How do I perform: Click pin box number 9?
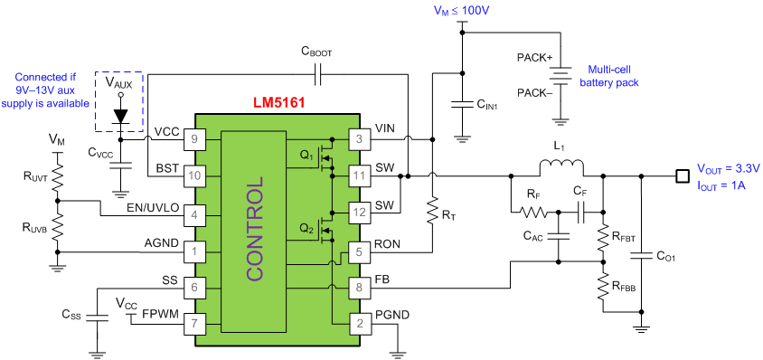[x=193, y=139]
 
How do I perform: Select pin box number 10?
[x=193, y=175]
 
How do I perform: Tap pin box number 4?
[x=193, y=215]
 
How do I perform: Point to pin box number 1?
[x=193, y=251]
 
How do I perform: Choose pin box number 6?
[x=193, y=288]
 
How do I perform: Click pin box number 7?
[x=193, y=323]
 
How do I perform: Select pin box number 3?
[x=359, y=139]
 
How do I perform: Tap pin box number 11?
[x=359, y=175]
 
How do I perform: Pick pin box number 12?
[x=359, y=213]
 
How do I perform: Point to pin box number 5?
[x=359, y=252]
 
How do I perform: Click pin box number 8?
[x=359, y=289]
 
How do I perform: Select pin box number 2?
[x=359, y=323]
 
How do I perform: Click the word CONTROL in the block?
[x=255, y=229]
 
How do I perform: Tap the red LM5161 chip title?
[x=278, y=103]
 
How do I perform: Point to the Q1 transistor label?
[x=306, y=156]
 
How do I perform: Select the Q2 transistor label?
[x=306, y=228]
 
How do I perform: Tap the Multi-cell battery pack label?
[x=609, y=76]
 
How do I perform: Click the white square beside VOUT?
[x=683, y=176]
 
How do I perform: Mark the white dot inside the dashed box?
[x=120, y=94]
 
